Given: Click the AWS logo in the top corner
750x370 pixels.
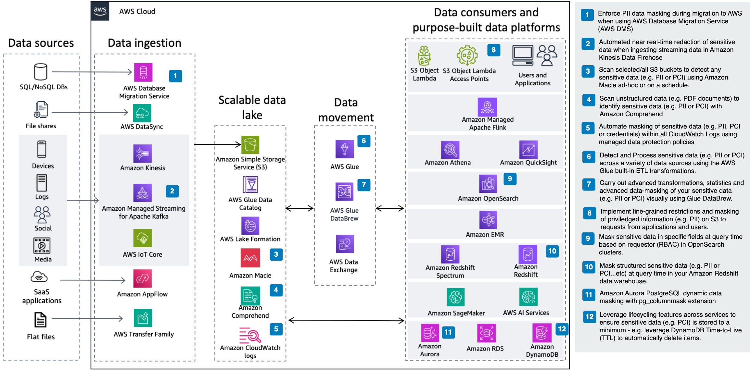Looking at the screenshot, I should coord(100,11).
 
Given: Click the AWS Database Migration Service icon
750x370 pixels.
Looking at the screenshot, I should coord(143,72).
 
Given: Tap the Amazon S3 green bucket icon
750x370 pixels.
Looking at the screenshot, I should coord(250,145).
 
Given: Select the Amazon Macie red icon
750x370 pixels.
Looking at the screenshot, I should coord(250,258).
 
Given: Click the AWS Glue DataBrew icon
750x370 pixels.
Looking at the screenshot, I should coord(344,191).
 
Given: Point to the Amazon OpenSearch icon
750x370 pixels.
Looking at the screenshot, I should coord(488,184).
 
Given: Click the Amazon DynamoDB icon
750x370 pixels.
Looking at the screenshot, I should coord(542,333).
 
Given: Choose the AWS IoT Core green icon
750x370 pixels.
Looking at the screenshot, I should coord(142,238).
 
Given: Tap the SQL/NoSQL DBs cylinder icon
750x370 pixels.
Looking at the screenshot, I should coord(41,72).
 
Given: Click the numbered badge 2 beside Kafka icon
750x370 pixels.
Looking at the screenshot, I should coord(172,191).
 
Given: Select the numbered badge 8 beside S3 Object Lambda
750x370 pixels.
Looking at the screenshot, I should coord(493,50).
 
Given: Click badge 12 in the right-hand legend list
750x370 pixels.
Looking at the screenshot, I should coord(590,316).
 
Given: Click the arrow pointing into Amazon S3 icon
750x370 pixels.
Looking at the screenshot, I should coord(218,144).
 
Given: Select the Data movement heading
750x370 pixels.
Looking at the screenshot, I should coord(346,110).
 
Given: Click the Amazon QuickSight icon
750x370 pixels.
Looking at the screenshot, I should coord(528,150).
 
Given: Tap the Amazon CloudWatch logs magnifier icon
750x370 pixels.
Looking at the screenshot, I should coord(250,335).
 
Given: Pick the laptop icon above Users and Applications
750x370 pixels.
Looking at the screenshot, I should coord(523,55).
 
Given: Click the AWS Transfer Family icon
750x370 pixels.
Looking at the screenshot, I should coord(143,318).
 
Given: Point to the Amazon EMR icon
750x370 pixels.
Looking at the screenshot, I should coord(488,220).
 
